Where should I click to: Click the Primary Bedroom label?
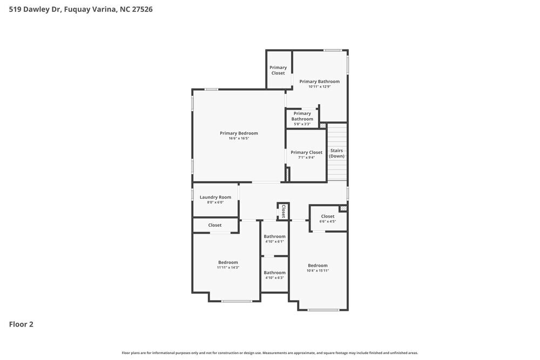(x=239, y=133)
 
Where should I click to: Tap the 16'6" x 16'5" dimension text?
(x=239, y=138)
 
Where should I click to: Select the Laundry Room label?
(x=215, y=197)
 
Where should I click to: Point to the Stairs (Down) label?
(x=336, y=153)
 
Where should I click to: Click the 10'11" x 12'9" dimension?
(x=320, y=87)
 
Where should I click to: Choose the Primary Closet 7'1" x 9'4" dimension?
(x=307, y=158)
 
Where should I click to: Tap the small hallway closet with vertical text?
(x=283, y=211)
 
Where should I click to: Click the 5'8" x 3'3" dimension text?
(x=302, y=124)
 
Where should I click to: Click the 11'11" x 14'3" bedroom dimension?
(x=228, y=267)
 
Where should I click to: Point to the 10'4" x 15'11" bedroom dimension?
(x=318, y=270)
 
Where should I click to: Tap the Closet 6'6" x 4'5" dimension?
(x=328, y=221)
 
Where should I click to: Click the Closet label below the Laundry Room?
(x=215, y=225)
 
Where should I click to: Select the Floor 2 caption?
(x=21, y=324)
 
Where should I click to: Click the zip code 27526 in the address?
(x=142, y=9)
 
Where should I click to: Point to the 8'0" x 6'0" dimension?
(x=215, y=202)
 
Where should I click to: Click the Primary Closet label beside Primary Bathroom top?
(x=278, y=70)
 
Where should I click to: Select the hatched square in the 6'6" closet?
(x=343, y=208)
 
